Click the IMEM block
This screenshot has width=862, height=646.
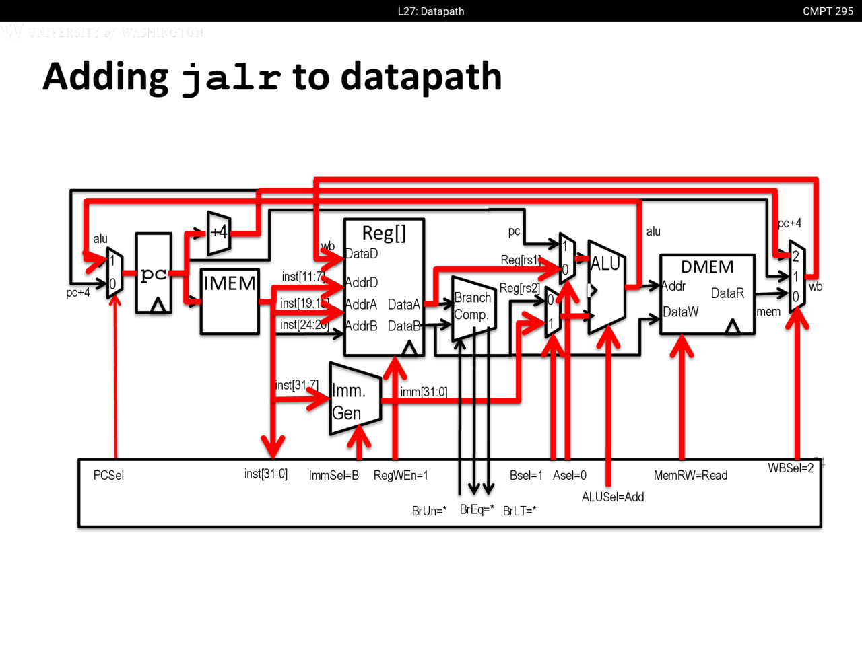click(230, 301)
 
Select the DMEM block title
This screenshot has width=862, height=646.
click(707, 267)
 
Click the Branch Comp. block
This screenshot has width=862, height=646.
click(473, 307)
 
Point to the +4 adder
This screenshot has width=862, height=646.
click(219, 233)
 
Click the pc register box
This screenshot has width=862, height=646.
click(154, 274)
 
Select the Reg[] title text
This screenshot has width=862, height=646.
click(384, 233)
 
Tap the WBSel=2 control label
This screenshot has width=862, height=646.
click(791, 468)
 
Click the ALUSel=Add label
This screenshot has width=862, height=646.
click(613, 497)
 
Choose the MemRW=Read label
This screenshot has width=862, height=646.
click(690, 476)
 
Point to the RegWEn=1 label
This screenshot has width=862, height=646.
click(401, 476)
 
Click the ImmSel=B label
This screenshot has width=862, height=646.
click(333, 476)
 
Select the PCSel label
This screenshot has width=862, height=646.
click(108, 476)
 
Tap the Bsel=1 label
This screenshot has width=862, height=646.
click(526, 476)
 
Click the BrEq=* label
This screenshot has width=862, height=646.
click(477, 509)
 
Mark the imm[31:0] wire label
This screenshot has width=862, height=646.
click(424, 392)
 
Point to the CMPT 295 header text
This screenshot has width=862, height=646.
click(828, 11)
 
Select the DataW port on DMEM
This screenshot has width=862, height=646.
click(680, 312)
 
